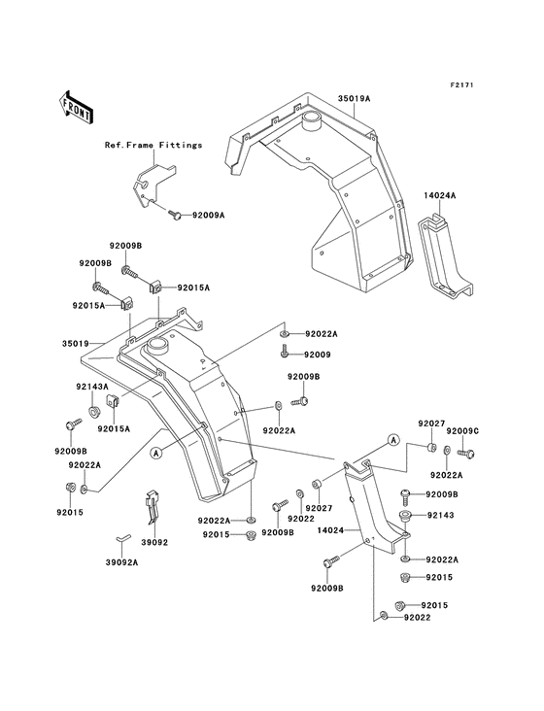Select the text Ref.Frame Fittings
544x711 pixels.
pyautogui.click(x=153, y=145)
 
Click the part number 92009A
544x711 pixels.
pyautogui.click(x=208, y=215)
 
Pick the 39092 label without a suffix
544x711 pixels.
pyautogui.click(x=154, y=542)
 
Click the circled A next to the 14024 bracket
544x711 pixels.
pyautogui.click(x=393, y=439)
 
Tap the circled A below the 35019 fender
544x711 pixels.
pyautogui.click(x=154, y=451)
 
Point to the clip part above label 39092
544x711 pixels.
pyautogui.click(x=153, y=505)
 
